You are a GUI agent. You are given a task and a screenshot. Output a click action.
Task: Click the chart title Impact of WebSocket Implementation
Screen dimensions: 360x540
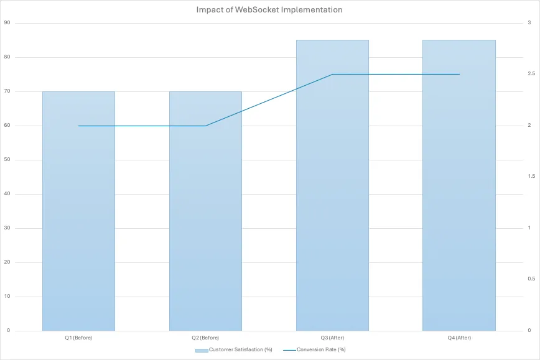269,10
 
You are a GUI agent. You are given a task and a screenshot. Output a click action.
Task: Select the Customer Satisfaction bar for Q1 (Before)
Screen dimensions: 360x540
78,211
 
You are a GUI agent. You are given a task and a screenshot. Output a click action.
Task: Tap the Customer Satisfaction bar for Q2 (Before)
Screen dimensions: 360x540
205,211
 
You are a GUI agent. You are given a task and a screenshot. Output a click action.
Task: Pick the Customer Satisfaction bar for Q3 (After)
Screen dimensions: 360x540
332,187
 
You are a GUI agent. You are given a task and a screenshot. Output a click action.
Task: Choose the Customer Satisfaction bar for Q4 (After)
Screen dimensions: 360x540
459,187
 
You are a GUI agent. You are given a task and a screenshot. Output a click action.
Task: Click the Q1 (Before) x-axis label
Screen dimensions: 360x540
78,338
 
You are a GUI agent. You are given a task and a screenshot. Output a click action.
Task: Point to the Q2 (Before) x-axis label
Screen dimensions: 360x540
205,338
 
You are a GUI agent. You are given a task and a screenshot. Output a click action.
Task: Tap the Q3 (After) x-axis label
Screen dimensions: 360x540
332,338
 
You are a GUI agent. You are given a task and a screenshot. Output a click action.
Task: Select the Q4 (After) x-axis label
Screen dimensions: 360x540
459,338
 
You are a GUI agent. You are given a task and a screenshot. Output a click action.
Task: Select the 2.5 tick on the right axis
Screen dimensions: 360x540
531,74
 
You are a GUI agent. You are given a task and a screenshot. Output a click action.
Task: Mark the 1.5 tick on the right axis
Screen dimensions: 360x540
531,177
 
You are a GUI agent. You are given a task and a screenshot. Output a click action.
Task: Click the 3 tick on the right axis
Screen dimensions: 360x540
529,23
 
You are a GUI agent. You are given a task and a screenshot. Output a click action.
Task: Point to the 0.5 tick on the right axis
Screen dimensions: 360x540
531,279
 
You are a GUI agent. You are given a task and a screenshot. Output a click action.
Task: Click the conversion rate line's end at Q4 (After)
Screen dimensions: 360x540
459,74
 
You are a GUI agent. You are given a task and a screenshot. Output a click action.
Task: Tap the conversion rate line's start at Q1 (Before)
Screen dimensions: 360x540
78,126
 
